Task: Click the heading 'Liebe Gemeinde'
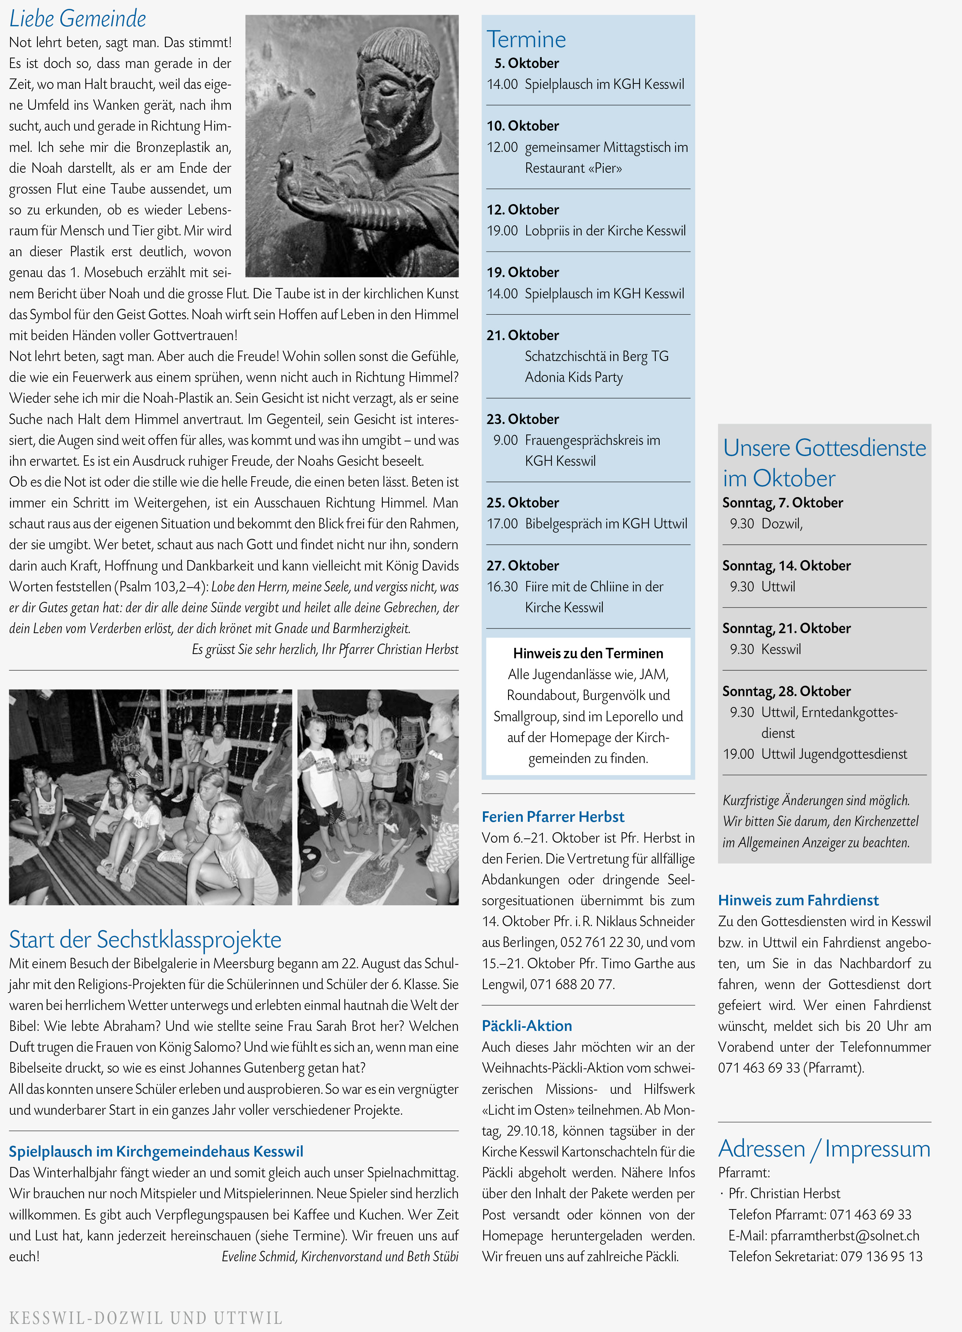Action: click(78, 19)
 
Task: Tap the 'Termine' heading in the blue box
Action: click(526, 39)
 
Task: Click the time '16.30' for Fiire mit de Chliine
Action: click(502, 587)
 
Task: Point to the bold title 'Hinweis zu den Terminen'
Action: click(588, 653)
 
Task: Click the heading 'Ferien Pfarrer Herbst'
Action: click(553, 816)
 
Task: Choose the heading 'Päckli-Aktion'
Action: click(527, 1025)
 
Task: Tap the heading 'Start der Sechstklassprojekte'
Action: click(145, 939)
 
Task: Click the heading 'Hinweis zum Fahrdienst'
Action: click(798, 900)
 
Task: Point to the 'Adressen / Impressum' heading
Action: click(824, 1148)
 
